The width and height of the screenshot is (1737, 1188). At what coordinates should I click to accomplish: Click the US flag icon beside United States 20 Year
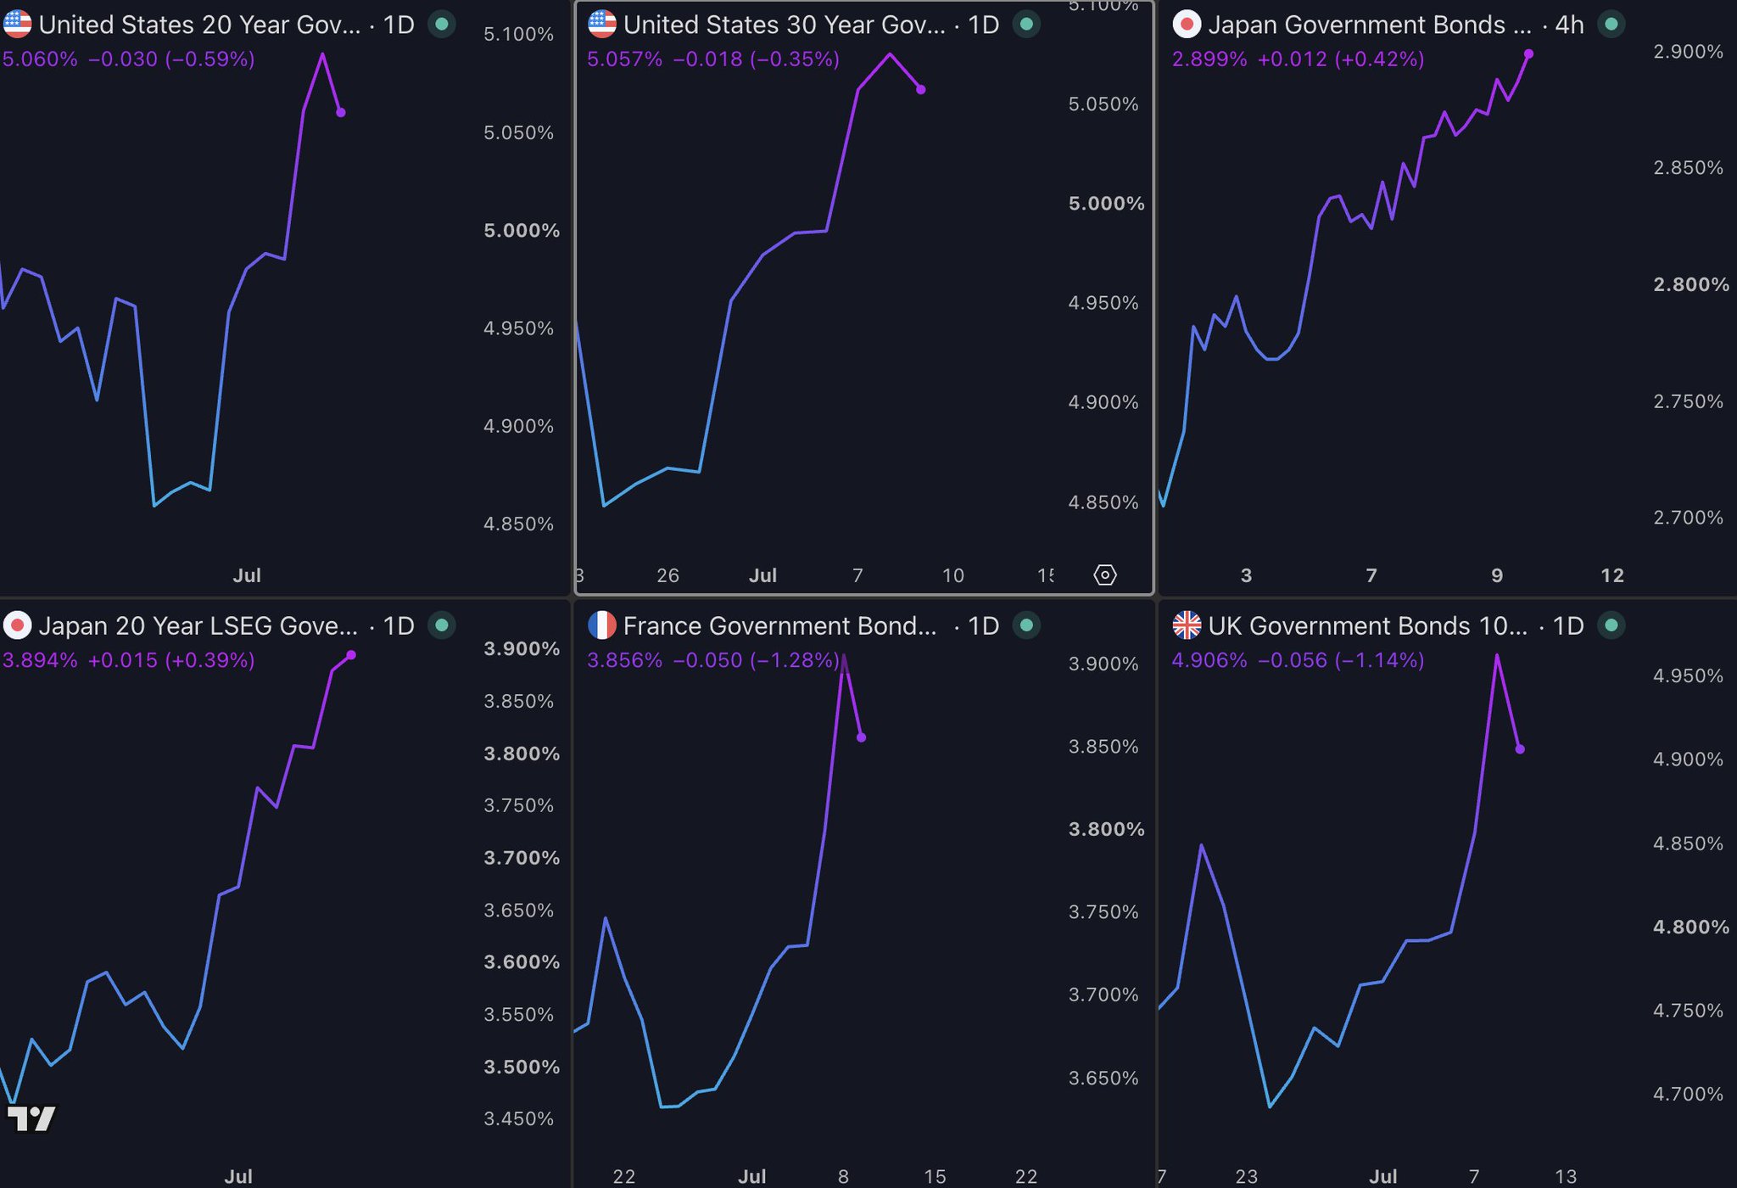pyautogui.click(x=17, y=25)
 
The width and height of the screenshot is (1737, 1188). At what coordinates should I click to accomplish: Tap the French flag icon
pyautogui.click(x=602, y=625)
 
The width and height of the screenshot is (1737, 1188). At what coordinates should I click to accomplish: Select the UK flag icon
pyautogui.click(x=1187, y=625)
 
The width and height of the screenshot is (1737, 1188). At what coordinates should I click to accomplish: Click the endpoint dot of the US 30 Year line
pyautogui.click(x=921, y=89)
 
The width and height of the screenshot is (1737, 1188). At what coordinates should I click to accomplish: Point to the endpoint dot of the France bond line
pyautogui.click(x=862, y=737)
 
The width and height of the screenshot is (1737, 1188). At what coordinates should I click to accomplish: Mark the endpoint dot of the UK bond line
pyautogui.click(x=1520, y=749)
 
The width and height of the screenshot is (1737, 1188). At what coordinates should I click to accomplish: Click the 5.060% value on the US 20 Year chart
pyautogui.click(x=40, y=59)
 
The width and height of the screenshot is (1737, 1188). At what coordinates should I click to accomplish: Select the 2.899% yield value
pyautogui.click(x=1209, y=59)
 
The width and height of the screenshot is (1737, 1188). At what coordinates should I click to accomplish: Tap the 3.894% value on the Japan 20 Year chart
pyautogui.click(x=40, y=660)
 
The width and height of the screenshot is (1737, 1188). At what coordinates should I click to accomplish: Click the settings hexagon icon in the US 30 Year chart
pyautogui.click(x=1105, y=575)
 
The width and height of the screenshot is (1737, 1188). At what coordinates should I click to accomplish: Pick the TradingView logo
pyautogui.click(x=31, y=1118)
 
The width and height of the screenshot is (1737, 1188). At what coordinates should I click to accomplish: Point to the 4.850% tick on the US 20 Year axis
pyautogui.click(x=518, y=524)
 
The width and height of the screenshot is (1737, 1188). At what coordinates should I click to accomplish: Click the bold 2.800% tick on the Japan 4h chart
pyautogui.click(x=1691, y=284)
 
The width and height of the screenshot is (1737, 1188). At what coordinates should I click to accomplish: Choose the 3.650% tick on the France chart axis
pyautogui.click(x=1103, y=1079)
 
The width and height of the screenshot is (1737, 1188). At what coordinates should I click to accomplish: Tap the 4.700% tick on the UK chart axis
pyautogui.click(x=1688, y=1094)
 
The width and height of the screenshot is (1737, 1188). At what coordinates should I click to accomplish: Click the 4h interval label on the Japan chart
pyautogui.click(x=1569, y=25)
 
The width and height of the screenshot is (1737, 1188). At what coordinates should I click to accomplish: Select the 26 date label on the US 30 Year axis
pyautogui.click(x=668, y=575)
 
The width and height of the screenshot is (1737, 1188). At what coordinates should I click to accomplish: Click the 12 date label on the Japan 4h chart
pyautogui.click(x=1612, y=575)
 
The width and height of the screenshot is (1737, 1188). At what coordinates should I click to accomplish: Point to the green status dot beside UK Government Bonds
pyautogui.click(x=1611, y=625)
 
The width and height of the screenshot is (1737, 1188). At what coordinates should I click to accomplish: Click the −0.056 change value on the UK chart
pyautogui.click(x=1293, y=660)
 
